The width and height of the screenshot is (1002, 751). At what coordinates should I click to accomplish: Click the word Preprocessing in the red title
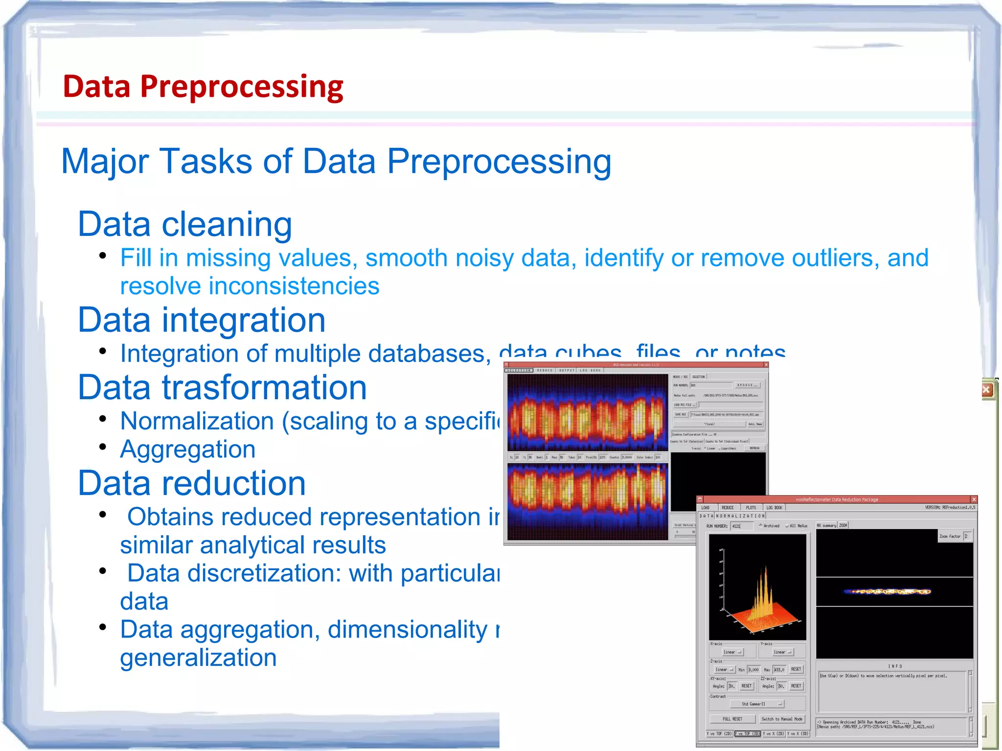tap(242, 87)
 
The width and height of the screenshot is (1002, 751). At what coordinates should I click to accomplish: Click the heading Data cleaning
tap(185, 224)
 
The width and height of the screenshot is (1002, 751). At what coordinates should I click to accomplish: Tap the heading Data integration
tap(202, 320)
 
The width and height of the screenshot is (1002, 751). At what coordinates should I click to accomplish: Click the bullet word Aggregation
tap(188, 449)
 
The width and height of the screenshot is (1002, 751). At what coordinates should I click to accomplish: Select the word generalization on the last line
tap(198, 658)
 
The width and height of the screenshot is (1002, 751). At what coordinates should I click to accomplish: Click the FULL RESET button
tap(732, 719)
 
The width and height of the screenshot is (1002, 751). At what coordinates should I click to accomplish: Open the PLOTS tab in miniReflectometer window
tap(751, 507)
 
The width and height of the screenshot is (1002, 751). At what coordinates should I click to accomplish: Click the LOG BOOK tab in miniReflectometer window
tap(774, 507)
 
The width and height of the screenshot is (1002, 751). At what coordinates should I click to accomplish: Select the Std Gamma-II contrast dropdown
tap(756, 704)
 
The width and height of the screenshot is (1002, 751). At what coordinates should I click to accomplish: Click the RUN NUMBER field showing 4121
tap(742, 526)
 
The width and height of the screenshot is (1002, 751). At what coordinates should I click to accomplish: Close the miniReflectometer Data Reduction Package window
tap(974, 500)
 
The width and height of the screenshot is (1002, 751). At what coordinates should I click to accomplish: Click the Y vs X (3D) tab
tap(798, 733)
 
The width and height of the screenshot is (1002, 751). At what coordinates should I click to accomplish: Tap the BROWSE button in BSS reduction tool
tap(747, 385)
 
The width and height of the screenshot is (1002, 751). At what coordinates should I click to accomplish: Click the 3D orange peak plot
tap(757, 587)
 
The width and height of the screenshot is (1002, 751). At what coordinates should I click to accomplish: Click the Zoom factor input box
tap(968, 536)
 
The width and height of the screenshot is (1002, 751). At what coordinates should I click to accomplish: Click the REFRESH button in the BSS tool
tap(754, 448)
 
